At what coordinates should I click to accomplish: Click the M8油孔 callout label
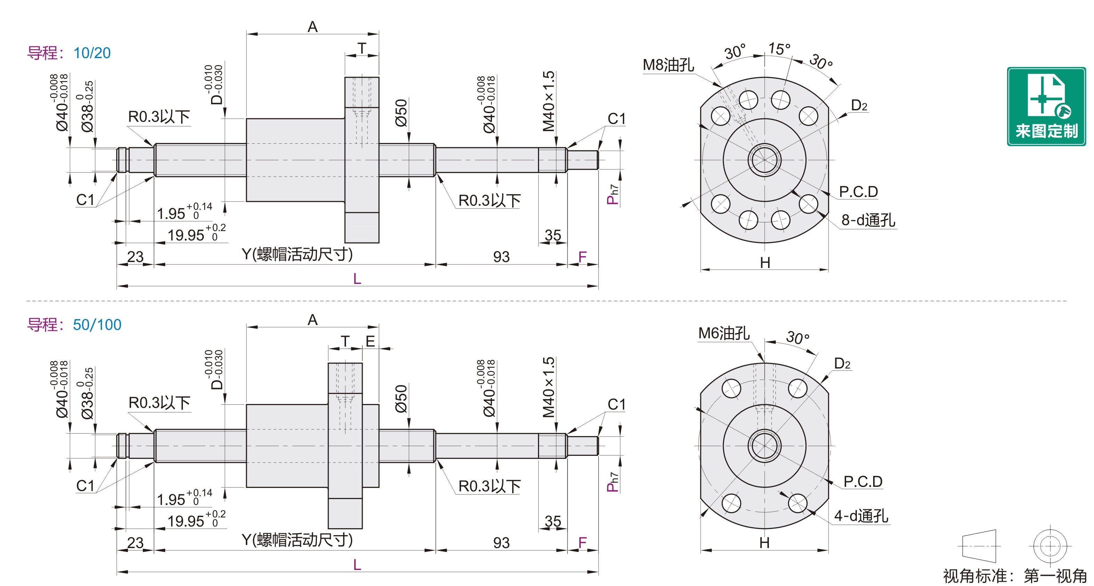[x=668, y=65]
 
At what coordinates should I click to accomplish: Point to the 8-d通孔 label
[x=868, y=220]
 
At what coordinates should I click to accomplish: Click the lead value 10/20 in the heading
[x=92, y=53]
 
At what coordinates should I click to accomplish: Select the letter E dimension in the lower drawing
[x=370, y=341]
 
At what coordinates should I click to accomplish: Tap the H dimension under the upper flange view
[x=765, y=263]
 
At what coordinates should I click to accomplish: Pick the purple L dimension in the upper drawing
[x=357, y=279]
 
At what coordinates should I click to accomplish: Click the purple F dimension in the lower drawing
[x=582, y=543]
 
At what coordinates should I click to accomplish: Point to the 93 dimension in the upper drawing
[x=501, y=257]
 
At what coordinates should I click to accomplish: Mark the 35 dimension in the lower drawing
[x=553, y=521]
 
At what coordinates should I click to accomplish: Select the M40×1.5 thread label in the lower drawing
[x=548, y=387]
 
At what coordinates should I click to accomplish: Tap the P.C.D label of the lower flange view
[x=862, y=482]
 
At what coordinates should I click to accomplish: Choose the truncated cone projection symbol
[x=979, y=546]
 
